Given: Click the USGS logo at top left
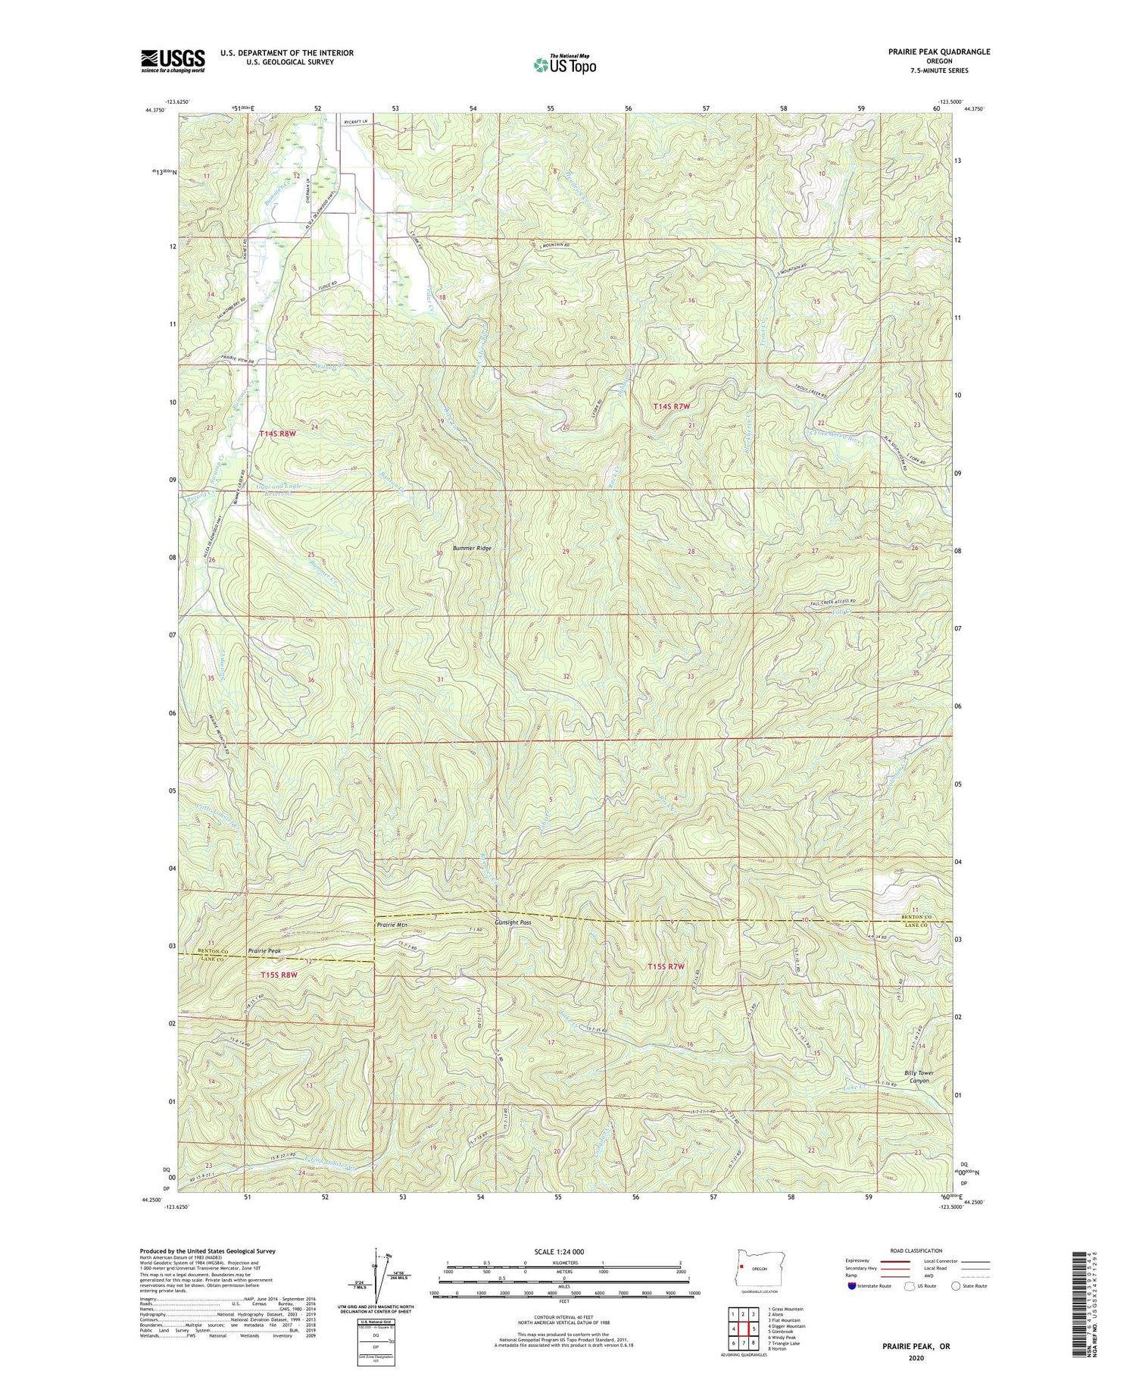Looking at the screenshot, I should click(173, 61).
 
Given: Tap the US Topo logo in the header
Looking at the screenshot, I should click(565, 65).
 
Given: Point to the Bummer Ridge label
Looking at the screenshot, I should click(472, 548).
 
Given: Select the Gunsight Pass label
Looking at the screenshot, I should click(513, 923).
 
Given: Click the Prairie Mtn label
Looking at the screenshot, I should click(392, 925).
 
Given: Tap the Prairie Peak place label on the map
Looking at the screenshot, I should click(264, 950).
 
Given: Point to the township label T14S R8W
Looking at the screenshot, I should click(276, 433).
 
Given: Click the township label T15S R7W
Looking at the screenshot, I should click(666, 966).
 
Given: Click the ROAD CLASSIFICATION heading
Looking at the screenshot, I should click(916, 1250).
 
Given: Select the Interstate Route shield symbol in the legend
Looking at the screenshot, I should click(851, 1285).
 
